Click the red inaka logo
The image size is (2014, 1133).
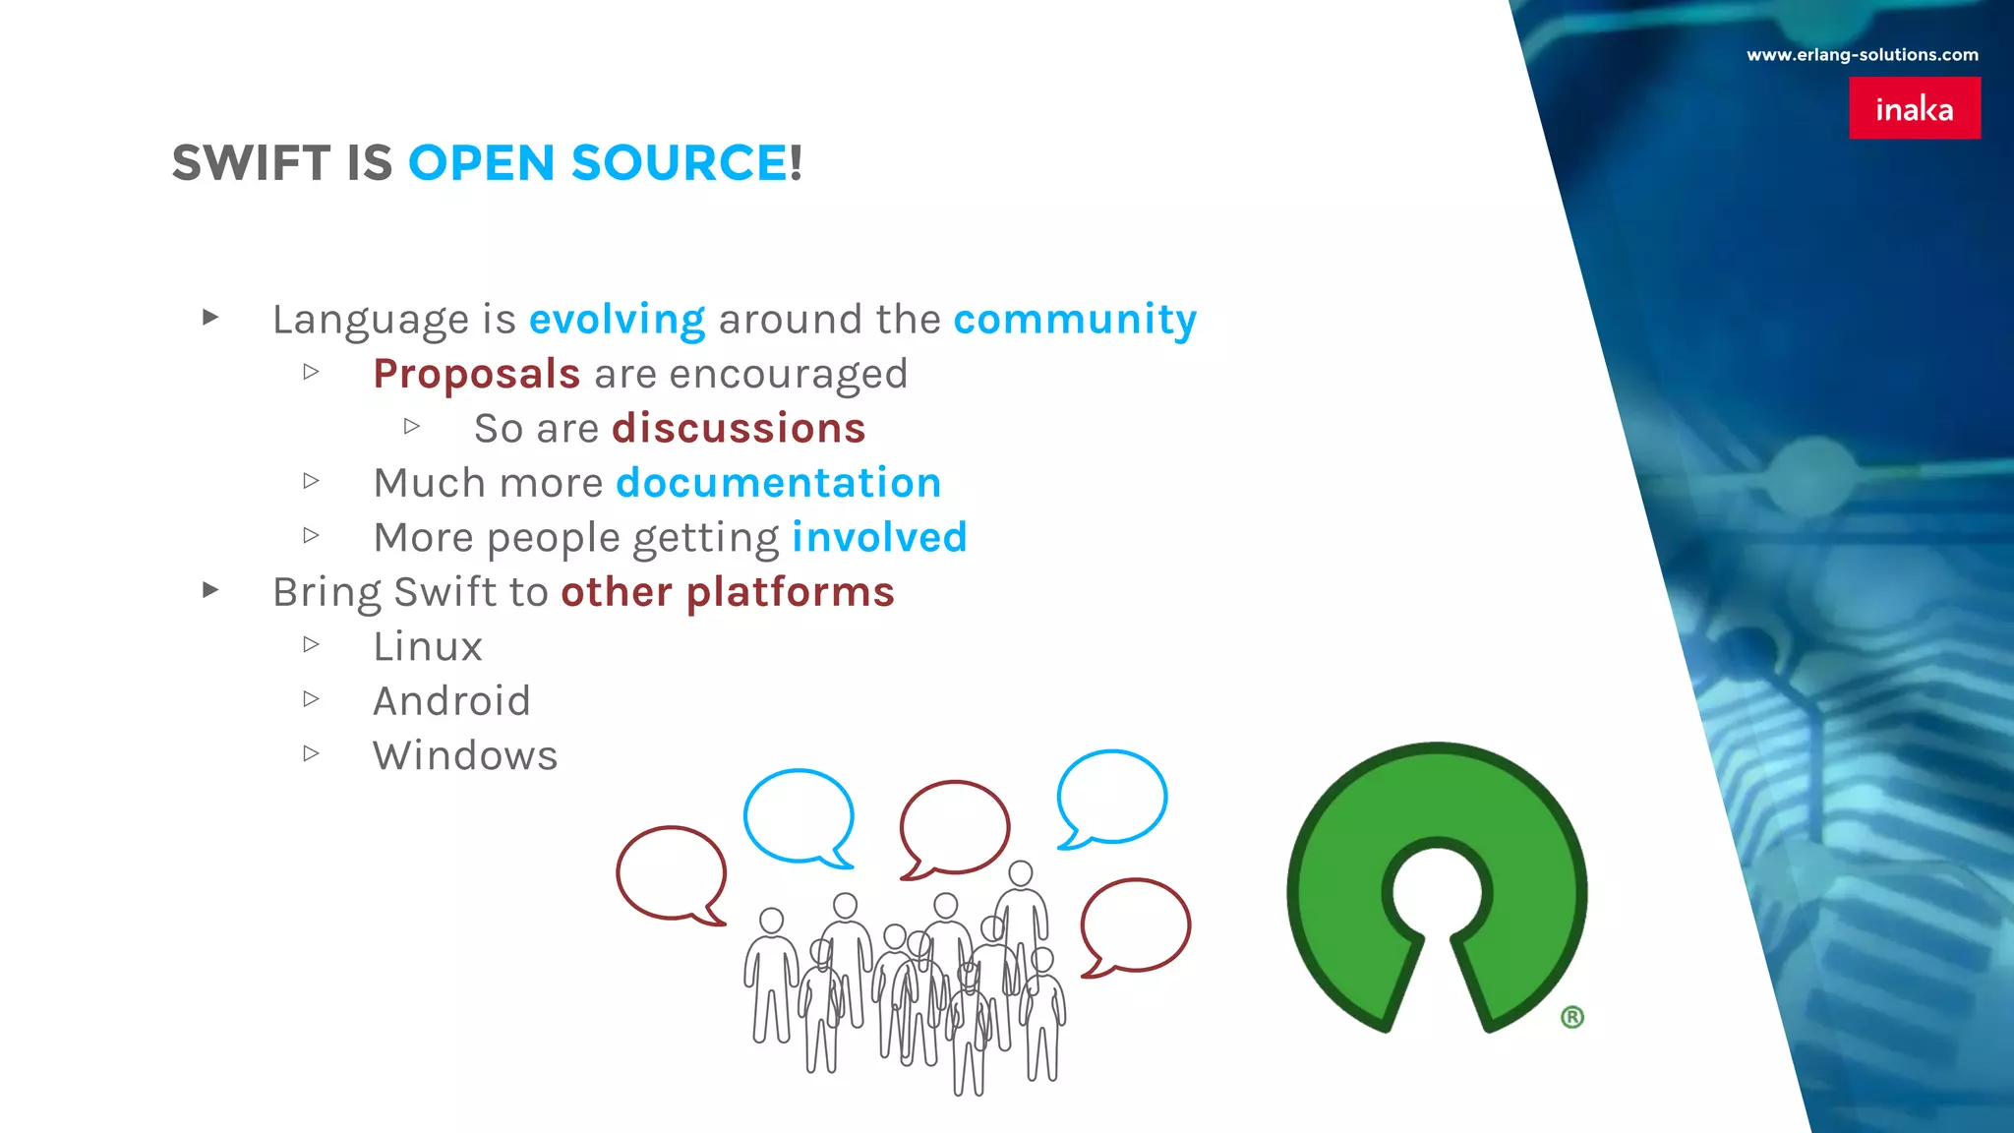pyautogui.click(x=1914, y=108)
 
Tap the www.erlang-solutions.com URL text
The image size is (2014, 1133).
pyautogui.click(x=1862, y=55)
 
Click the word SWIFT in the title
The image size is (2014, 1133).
pyautogui.click(x=251, y=163)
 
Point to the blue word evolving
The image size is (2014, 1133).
pyautogui.click(x=617, y=320)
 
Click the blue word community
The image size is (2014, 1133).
pyautogui.click(x=1075, y=320)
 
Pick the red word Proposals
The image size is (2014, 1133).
pyautogui.click(x=477, y=375)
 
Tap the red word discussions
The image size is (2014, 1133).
pyautogui.click(x=739, y=429)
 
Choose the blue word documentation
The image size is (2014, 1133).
pyautogui.click(x=778, y=483)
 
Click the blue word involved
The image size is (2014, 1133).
pyautogui.click(x=879, y=538)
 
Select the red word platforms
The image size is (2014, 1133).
pyautogui.click(x=790, y=592)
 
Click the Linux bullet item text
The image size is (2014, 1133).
pyautogui.click(x=428, y=647)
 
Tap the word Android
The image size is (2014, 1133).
pyautogui.click(x=451, y=701)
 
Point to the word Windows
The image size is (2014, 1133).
pyautogui.click(x=465, y=756)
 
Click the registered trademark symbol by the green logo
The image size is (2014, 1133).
pyautogui.click(x=1571, y=1017)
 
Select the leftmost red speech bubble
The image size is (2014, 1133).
pyautogui.click(x=672, y=873)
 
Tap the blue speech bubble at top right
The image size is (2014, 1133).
pyautogui.click(x=1112, y=797)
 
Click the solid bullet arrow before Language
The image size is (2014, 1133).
pyautogui.click(x=210, y=317)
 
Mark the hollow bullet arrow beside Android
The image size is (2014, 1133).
pyautogui.click(x=312, y=699)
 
